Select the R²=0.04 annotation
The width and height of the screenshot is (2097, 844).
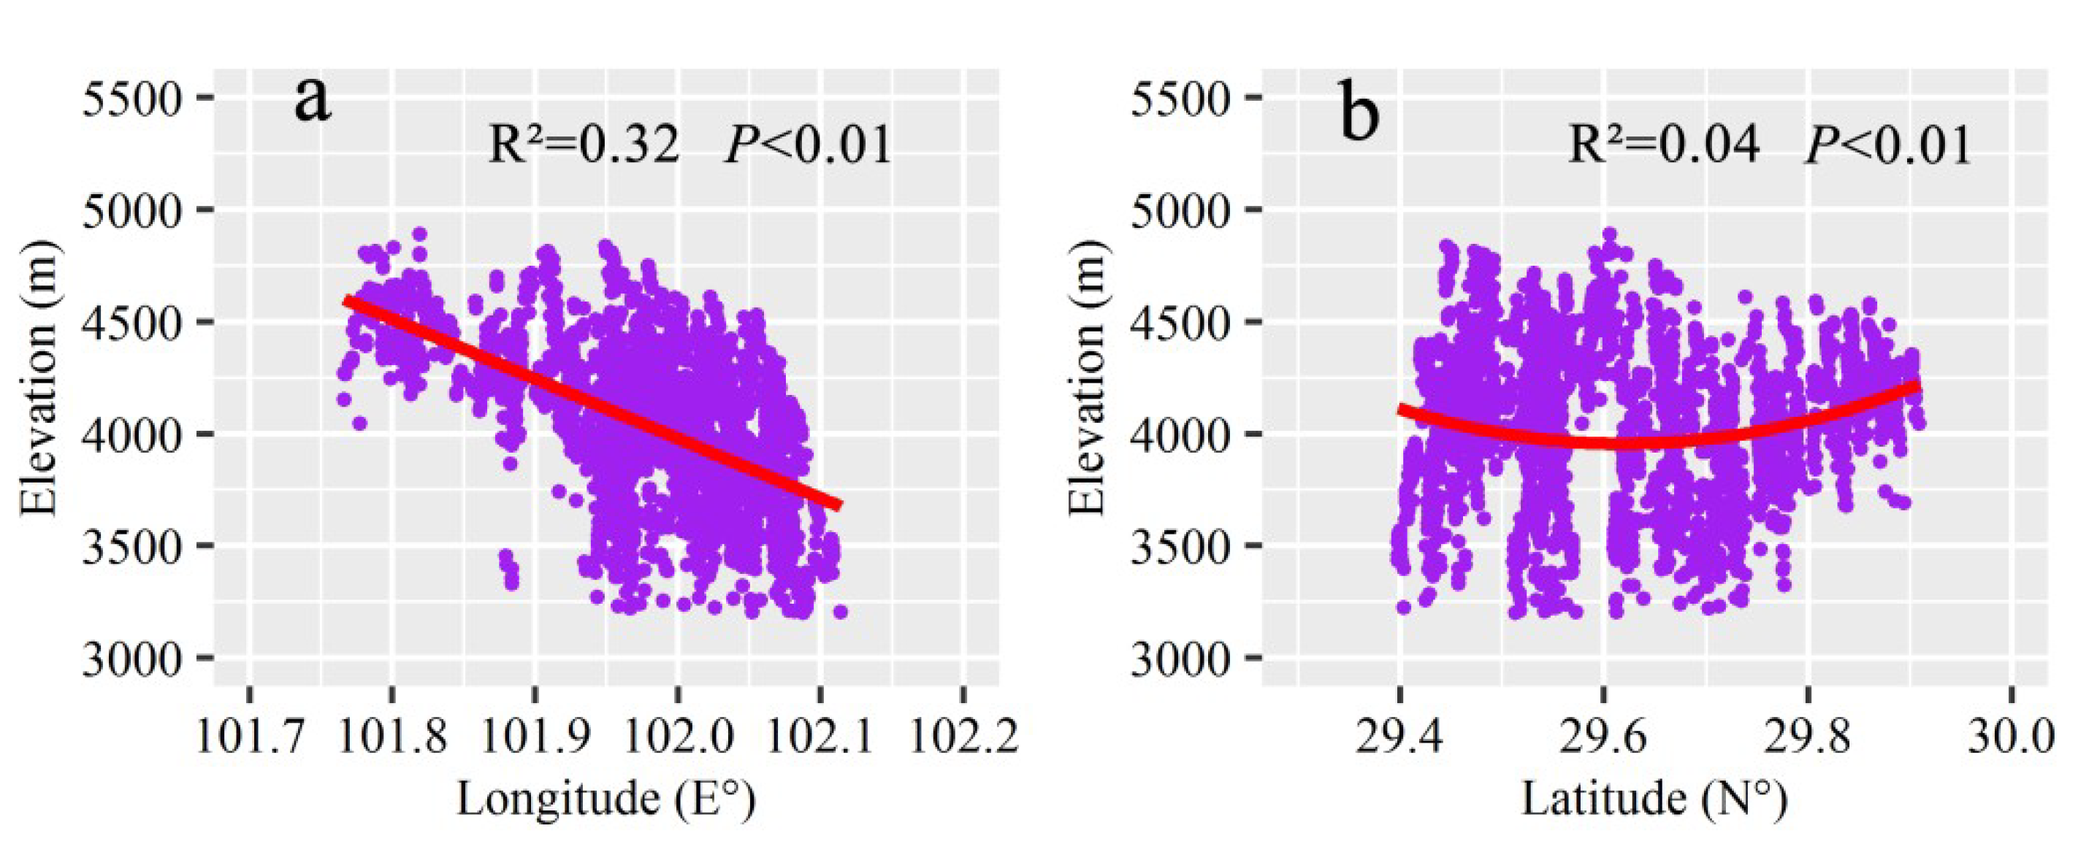(1664, 145)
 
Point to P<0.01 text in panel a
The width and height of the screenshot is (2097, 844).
(809, 145)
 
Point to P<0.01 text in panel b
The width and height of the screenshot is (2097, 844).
(1889, 145)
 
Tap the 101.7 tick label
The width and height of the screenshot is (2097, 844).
(250, 737)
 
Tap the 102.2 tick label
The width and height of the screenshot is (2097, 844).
(964, 737)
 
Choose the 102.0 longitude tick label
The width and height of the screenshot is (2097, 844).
(677, 737)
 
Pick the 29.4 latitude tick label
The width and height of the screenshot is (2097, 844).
(1399, 737)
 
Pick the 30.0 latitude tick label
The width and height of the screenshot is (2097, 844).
(2011, 737)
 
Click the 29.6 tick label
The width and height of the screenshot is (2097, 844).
(1602, 737)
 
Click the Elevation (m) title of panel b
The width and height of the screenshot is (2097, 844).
(1087, 377)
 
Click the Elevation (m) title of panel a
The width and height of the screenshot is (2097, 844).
(38, 377)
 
